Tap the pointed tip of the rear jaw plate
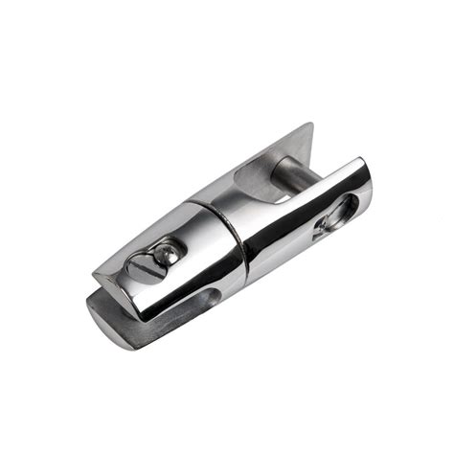[x=311, y=125]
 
